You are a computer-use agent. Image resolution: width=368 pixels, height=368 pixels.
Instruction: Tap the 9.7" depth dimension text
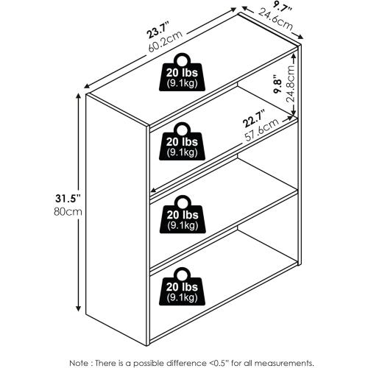click(282, 8)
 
